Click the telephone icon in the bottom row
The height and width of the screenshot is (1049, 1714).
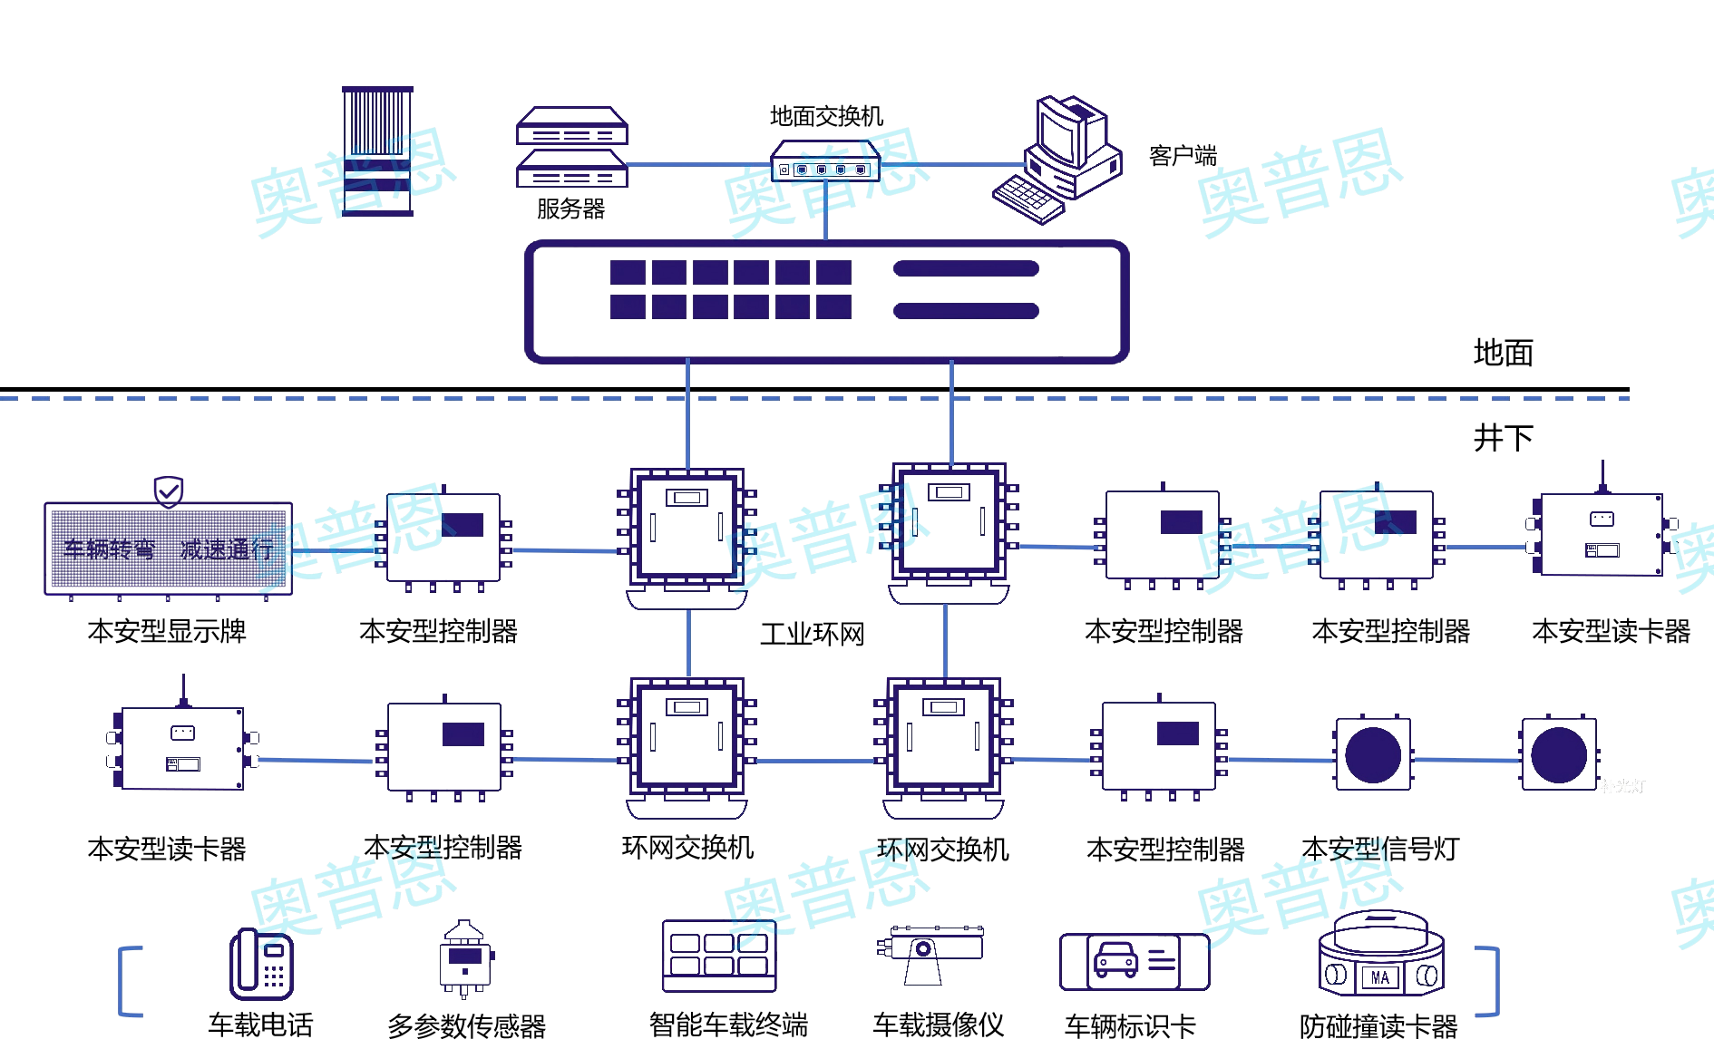coord(261,965)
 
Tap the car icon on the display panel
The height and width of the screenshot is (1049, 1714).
coord(1116,959)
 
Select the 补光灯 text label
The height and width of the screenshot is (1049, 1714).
coord(1621,786)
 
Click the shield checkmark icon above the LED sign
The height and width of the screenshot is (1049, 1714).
coord(169,492)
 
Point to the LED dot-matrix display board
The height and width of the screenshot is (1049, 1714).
coord(168,548)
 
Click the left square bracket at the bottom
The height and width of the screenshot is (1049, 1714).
coord(130,981)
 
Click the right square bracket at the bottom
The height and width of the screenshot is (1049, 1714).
coord(1488,981)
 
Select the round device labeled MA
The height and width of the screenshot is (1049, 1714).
coord(1380,956)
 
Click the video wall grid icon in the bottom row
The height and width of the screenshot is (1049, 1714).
coord(719,956)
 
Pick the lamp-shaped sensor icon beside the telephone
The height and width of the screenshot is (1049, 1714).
coord(465,957)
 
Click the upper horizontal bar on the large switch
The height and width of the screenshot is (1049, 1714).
coord(966,268)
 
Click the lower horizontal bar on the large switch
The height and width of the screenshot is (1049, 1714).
coord(966,311)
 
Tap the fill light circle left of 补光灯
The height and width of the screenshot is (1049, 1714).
coord(1558,754)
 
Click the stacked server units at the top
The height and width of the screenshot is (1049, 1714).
coord(572,147)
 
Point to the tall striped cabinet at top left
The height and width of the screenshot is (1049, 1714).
coord(377,151)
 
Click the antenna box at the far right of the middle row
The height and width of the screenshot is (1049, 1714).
coord(1601,534)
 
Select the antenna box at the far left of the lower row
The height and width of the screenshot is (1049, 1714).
coord(182,748)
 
